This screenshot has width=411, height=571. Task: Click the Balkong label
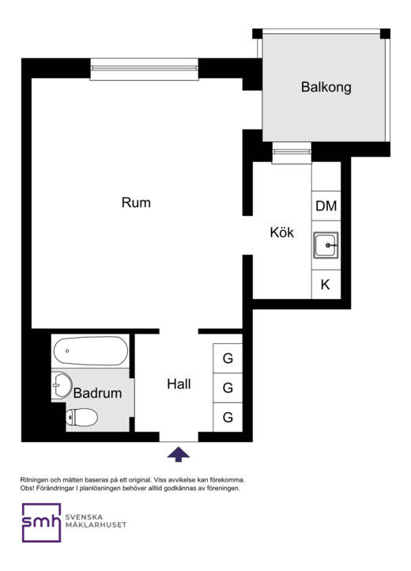[326, 88]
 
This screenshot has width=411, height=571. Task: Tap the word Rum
[136, 202]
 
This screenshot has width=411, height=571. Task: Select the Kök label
[281, 232]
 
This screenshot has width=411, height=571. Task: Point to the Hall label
[179, 384]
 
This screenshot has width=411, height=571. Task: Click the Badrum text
[97, 393]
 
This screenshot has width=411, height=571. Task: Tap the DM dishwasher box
[326, 206]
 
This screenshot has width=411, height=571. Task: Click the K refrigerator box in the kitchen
[326, 285]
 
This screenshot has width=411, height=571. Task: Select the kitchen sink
[326, 245]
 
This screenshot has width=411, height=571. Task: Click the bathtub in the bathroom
[91, 350]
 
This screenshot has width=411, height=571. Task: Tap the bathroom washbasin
[62, 385]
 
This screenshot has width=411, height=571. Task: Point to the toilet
[81, 418]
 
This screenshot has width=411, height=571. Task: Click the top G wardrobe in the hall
[228, 358]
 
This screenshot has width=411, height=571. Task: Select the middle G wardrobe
[228, 388]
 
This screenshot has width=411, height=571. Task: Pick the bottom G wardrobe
[228, 418]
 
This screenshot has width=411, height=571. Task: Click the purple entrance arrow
[179, 455]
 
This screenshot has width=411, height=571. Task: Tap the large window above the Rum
[144, 69]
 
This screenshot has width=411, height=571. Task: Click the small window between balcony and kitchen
[292, 153]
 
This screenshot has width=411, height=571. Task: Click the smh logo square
[41, 523]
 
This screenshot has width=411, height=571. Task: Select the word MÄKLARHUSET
[96, 525]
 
